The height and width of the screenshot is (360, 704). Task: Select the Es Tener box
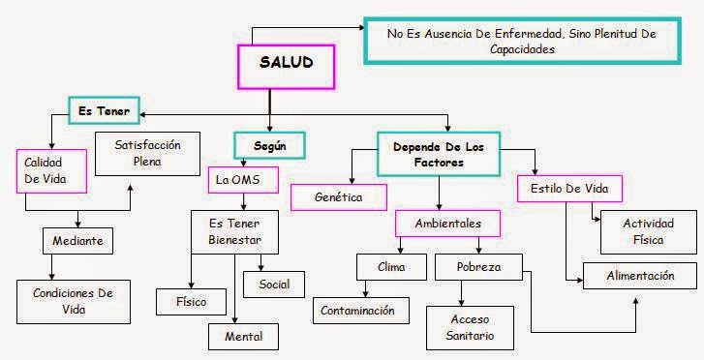tap(105, 111)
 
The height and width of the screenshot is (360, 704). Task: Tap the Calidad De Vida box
tap(51, 170)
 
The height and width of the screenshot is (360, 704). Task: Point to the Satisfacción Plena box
tap(147, 153)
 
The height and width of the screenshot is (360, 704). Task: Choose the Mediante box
tap(78, 239)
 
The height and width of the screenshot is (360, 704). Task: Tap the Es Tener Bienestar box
tap(229, 232)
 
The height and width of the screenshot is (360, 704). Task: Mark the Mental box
tap(242, 336)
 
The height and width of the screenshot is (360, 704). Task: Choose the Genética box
tap(339, 196)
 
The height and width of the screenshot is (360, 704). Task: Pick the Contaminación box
tap(359, 310)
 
